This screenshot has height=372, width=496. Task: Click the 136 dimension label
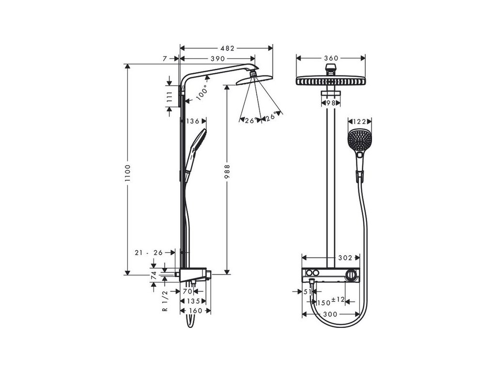193,121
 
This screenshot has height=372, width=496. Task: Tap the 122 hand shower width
358,122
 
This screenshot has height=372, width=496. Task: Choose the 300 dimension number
330,314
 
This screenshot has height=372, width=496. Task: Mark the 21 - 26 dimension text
150,252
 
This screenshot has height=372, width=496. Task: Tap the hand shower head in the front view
358,140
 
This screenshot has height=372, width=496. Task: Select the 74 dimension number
154,276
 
